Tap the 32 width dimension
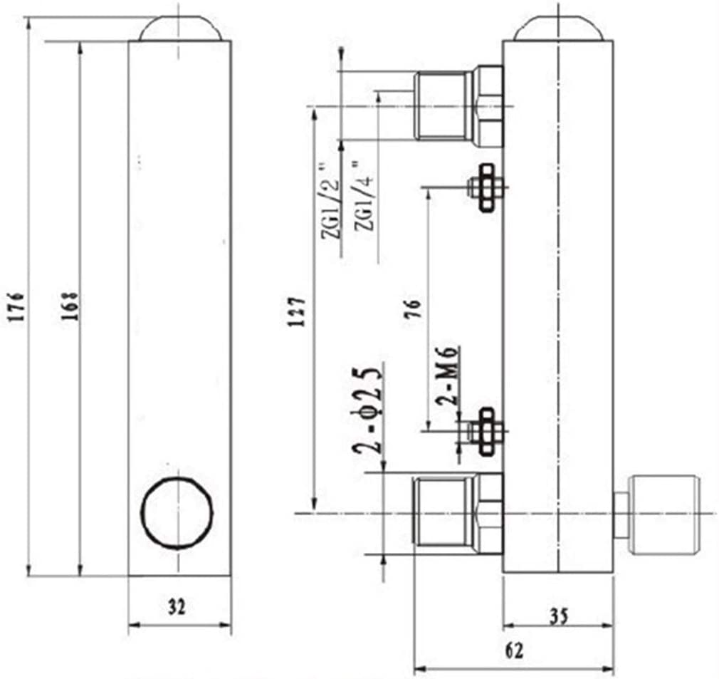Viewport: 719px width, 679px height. tap(177, 607)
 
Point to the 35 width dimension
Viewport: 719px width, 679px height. tap(559, 616)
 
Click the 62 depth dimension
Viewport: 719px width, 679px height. tap(514, 650)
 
